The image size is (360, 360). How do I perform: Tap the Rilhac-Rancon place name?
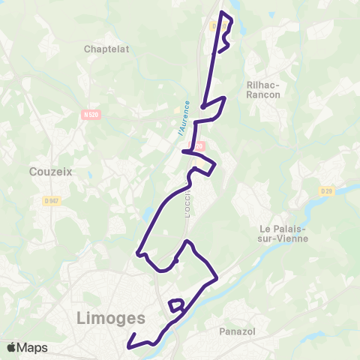point(262,90)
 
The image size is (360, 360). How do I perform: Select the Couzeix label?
point(50,171)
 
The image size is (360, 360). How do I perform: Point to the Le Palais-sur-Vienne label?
point(285,233)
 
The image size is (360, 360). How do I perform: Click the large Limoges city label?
point(110,319)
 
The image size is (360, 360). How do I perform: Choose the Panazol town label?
point(239,330)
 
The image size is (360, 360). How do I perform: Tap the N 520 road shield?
point(91,114)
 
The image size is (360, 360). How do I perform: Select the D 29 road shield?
point(326,191)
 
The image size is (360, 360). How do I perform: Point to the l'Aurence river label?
point(184,118)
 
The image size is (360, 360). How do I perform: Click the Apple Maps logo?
point(27,347)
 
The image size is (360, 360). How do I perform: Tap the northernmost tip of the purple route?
point(223,13)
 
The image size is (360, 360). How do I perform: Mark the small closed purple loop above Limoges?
point(177,304)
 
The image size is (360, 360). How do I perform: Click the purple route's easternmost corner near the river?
point(217,279)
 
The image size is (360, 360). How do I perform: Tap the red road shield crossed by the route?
point(199,147)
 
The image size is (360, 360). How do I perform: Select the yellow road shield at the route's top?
point(218,25)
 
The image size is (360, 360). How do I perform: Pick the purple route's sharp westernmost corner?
point(137,253)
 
